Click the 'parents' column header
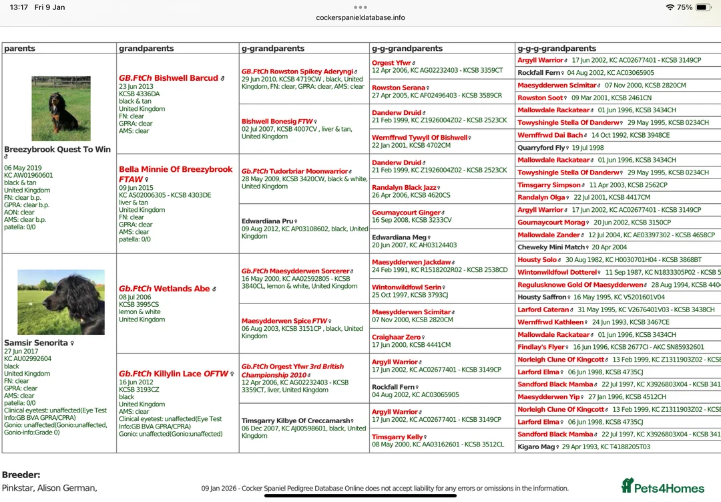(x=20, y=49)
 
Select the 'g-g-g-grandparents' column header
(x=557, y=49)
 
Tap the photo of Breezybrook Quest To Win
(x=61, y=108)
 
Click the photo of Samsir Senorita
(x=61, y=302)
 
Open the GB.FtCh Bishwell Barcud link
(x=169, y=78)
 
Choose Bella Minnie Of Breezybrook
(x=176, y=170)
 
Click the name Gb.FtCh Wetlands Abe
(x=164, y=289)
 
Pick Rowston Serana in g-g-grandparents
(x=399, y=88)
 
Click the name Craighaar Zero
(x=397, y=338)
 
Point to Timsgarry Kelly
(x=397, y=437)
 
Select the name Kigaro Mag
(x=536, y=447)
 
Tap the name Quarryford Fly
(x=541, y=148)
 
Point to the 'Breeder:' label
(x=21, y=475)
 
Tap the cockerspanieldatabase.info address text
(x=360, y=17)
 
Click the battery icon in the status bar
(x=704, y=7)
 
